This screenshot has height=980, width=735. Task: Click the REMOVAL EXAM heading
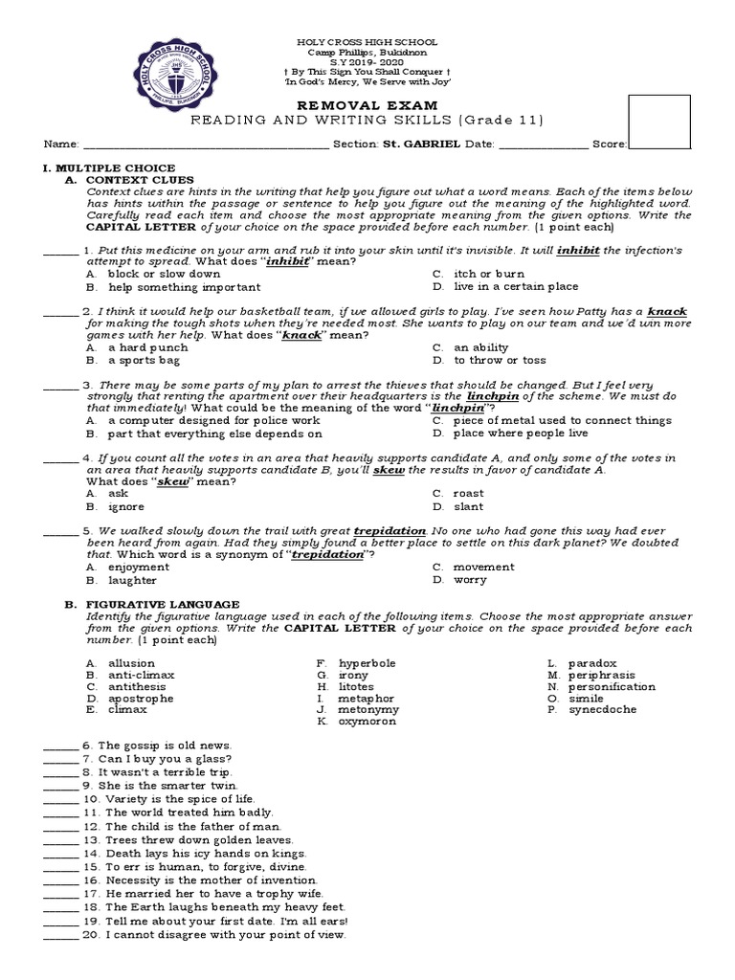[x=367, y=104]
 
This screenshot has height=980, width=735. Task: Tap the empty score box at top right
[x=658, y=122]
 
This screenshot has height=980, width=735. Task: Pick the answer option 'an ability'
[x=480, y=347]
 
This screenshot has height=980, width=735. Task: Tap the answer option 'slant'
[x=469, y=506]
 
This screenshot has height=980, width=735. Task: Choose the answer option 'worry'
[x=470, y=580]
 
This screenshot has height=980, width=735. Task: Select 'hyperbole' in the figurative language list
[x=367, y=663]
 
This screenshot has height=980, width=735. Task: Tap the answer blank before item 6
[x=61, y=746]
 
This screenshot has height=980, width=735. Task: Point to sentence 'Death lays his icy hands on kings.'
[x=206, y=853]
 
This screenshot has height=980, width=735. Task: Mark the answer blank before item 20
[x=61, y=935]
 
